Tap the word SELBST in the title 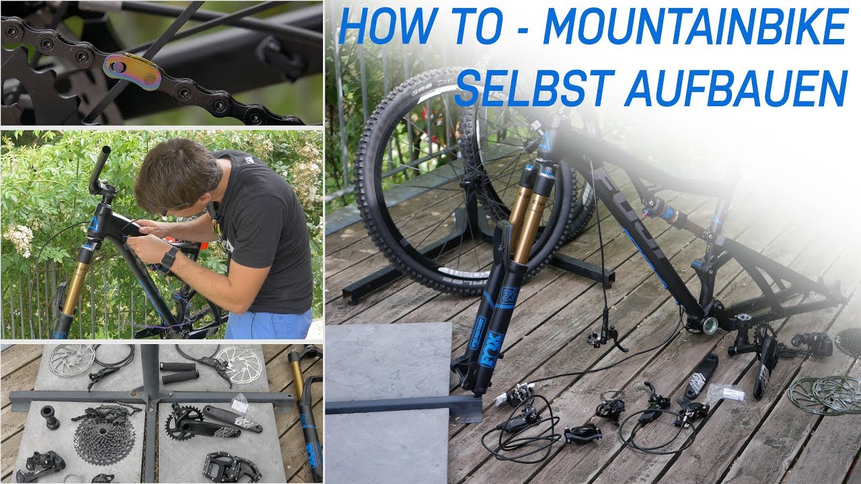(531, 87)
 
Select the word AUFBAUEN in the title (737, 87)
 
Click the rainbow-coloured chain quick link (133, 71)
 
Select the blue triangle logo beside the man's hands (93, 223)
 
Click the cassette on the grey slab (104, 442)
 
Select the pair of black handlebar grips (180, 372)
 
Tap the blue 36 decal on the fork (510, 296)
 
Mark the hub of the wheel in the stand (473, 178)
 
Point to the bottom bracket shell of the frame (710, 325)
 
